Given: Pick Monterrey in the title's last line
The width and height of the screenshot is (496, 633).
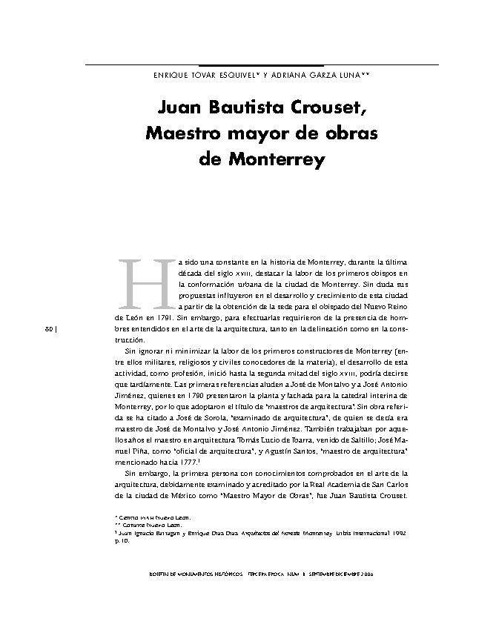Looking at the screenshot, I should tap(278, 159).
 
